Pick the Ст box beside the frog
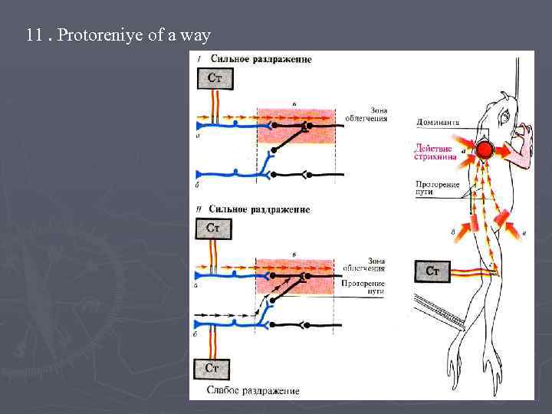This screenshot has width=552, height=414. (x=432, y=271)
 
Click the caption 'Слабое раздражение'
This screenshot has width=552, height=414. (x=253, y=391)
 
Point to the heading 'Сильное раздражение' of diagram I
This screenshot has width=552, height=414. (x=260, y=60)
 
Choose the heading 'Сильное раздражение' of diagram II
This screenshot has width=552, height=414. (x=259, y=209)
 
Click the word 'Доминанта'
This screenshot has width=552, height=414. (x=437, y=122)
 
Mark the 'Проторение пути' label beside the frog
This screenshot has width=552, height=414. (x=437, y=188)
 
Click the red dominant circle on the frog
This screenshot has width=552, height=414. (x=485, y=149)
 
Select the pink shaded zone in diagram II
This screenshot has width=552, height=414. (x=295, y=277)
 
